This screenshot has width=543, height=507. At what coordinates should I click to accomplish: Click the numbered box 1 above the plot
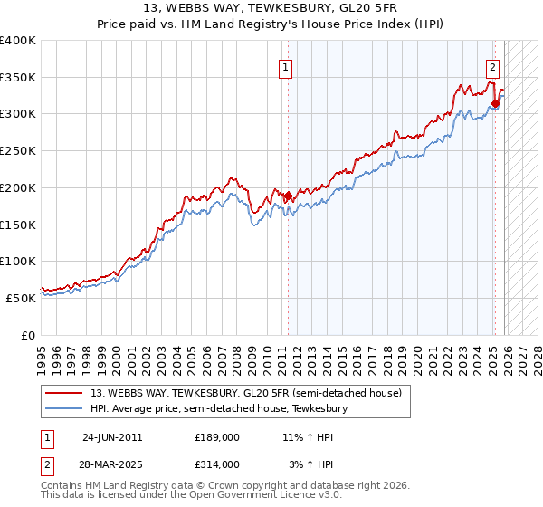[x=286, y=66]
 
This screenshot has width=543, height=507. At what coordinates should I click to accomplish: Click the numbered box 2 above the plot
[x=493, y=66]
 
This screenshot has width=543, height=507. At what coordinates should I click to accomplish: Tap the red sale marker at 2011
[x=289, y=196]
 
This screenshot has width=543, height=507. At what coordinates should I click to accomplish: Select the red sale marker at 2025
[x=496, y=103]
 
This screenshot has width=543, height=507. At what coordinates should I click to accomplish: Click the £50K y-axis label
[x=22, y=298]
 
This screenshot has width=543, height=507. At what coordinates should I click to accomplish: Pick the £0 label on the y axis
[x=29, y=335]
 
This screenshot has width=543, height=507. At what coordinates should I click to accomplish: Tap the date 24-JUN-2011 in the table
[x=112, y=436]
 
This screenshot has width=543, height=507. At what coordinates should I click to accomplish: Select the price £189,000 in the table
[x=217, y=436]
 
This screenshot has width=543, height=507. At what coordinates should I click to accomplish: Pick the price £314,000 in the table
[x=217, y=464]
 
